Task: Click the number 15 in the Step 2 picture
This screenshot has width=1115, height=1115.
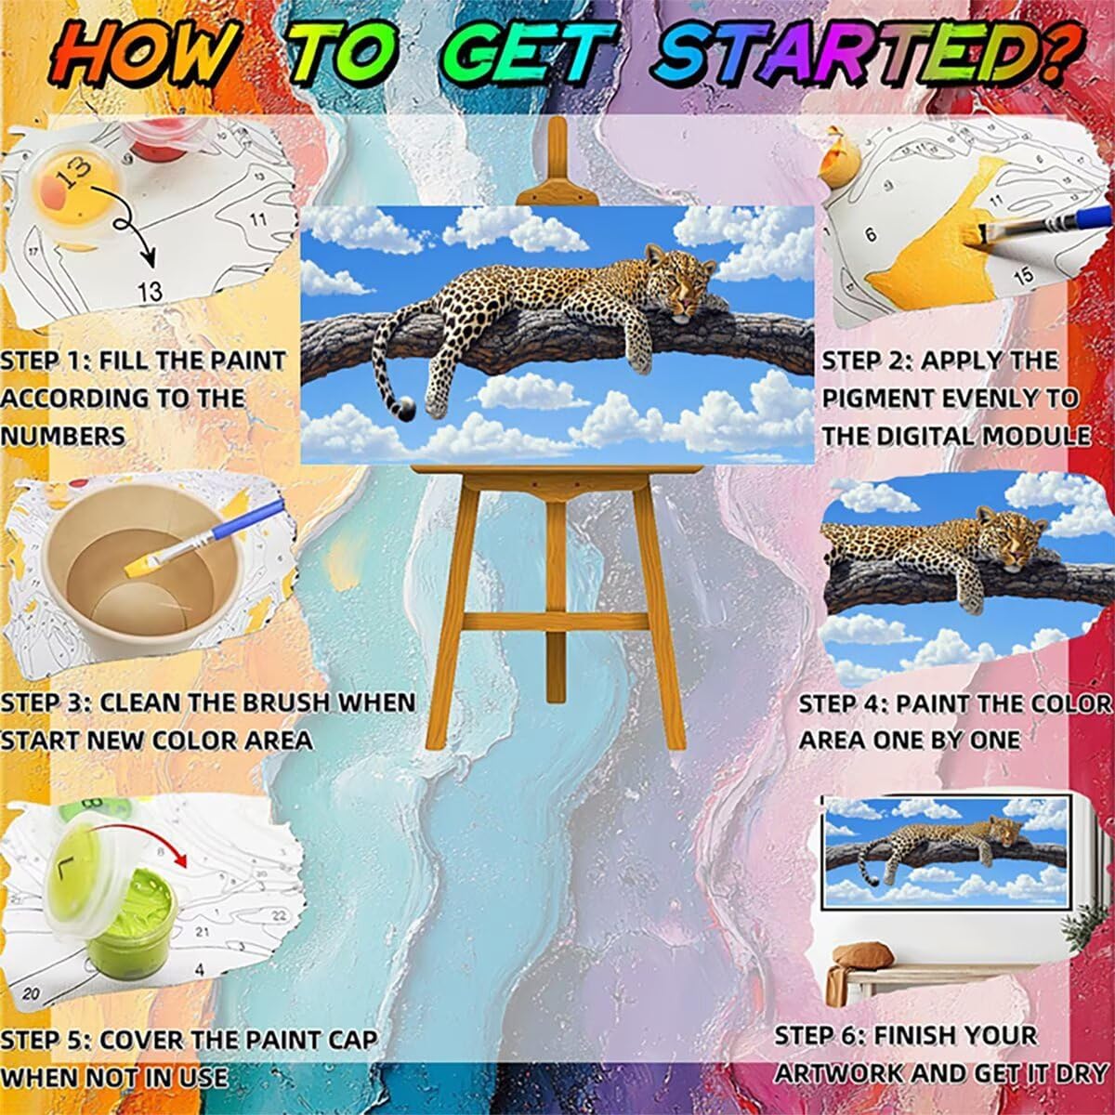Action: click(x=1023, y=274)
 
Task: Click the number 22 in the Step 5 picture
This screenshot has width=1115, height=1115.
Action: click(x=279, y=914)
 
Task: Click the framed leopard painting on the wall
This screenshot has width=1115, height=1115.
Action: click(x=947, y=851)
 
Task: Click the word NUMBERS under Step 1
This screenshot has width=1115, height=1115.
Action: click(x=62, y=436)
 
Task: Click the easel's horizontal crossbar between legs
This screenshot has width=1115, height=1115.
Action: click(x=556, y=622)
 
